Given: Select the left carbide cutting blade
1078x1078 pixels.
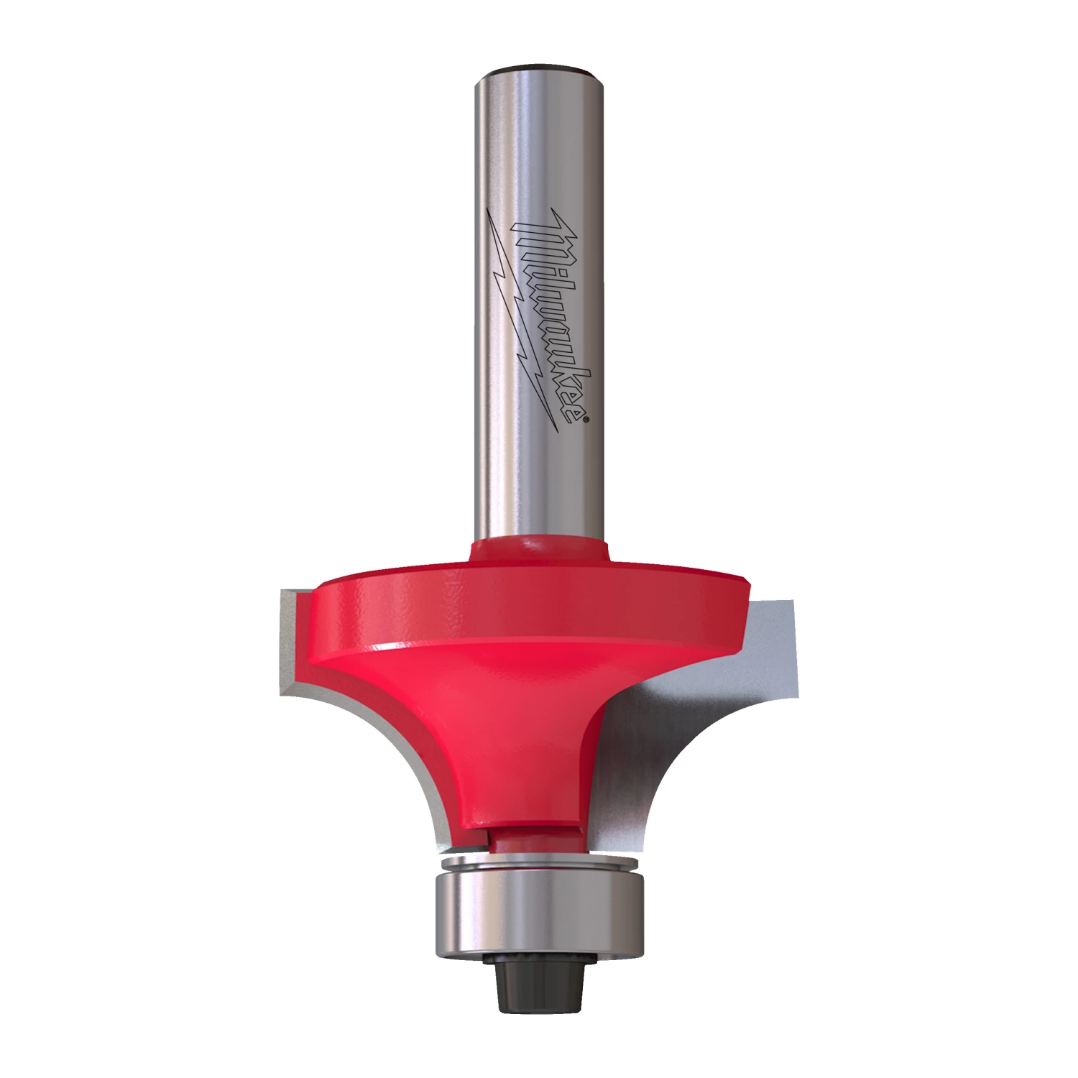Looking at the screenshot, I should (x=291, y=640).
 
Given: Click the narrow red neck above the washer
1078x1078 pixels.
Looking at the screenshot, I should (x=532, y=837).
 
